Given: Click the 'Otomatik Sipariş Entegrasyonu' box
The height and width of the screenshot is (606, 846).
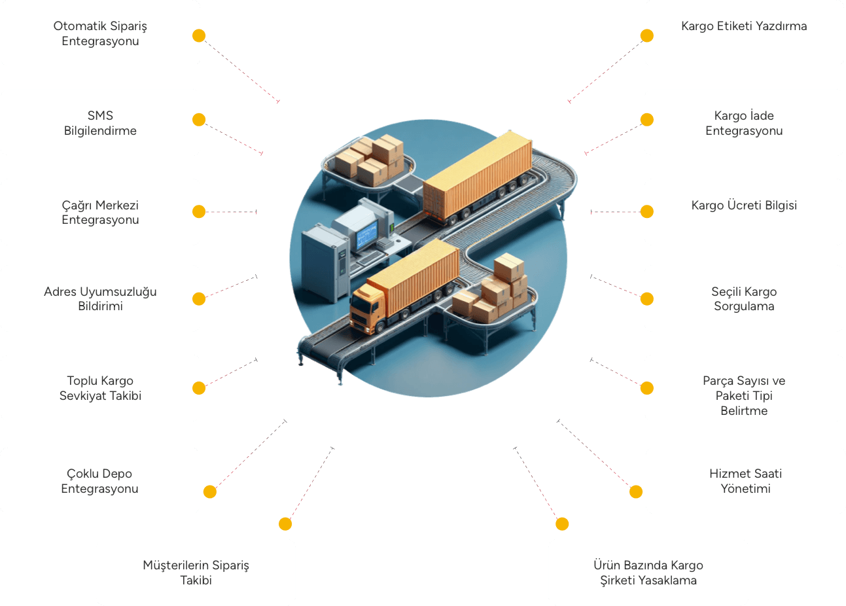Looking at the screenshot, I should click(100, 33).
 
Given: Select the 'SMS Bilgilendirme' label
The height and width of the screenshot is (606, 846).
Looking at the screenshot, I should click(100, 123).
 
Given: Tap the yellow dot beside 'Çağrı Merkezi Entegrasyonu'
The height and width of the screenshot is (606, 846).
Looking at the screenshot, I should click(199, 211).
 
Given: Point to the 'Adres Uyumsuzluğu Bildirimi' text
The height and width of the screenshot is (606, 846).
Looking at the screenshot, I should click(100, 298).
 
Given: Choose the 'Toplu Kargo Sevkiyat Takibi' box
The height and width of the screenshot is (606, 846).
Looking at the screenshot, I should click(100, 388).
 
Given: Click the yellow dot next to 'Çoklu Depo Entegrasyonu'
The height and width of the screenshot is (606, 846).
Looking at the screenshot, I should click(210, 491).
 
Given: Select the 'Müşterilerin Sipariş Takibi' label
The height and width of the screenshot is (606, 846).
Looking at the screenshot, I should click(196, 573).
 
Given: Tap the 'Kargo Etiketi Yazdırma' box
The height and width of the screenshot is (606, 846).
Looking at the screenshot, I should click(744, 33).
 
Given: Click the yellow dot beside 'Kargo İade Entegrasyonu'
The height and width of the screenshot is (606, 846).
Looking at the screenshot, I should click(646, 119).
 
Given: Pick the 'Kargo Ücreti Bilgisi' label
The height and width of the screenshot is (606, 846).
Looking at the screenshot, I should click(744, 205).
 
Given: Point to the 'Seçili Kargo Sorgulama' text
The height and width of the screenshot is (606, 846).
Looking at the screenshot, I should click(744, 298).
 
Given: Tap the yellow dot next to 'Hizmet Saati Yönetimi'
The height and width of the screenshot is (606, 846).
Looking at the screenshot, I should click(636, 491).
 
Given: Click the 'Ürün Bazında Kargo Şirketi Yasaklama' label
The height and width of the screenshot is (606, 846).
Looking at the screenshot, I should click(648, 573).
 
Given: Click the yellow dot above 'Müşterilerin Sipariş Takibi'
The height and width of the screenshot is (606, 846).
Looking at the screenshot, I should click(285, 524).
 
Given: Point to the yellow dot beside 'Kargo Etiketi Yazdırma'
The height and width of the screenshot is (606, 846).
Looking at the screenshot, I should click(646, 35).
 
